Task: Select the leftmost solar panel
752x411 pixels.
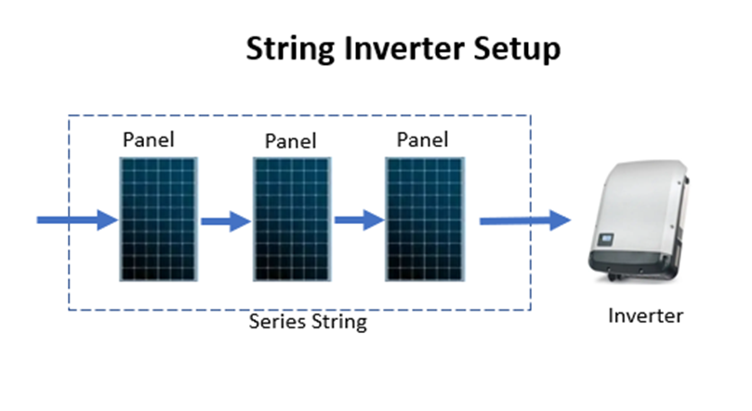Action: tap(156, 219)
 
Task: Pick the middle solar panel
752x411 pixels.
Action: tap(290, 219)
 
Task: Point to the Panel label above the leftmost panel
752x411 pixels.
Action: tap(149, 140)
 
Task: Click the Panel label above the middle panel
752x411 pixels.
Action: tap(290, 141)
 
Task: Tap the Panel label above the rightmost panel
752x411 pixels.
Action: tap(422, 140)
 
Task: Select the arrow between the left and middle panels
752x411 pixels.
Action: tap(225, 221)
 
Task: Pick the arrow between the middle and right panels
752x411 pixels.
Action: tap(359, 220)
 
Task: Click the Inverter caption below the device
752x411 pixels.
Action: tap(645, 315)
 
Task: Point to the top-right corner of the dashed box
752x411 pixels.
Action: tap(530, 115)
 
